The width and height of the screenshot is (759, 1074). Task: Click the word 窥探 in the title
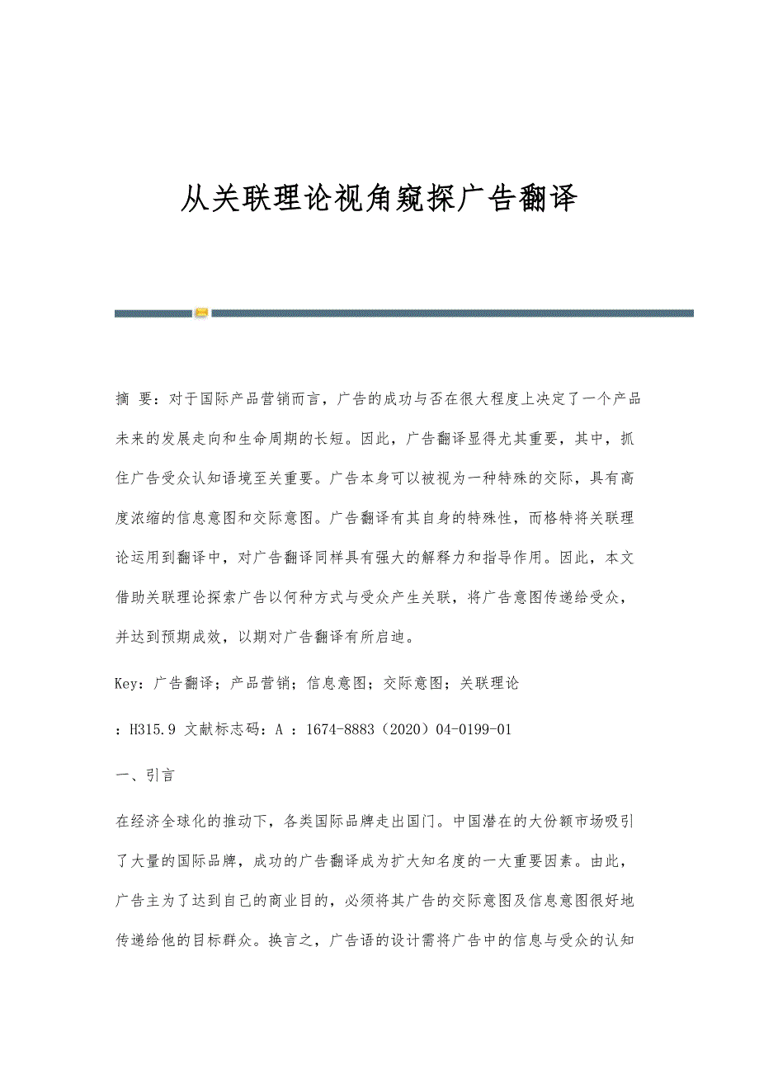[417, 200]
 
